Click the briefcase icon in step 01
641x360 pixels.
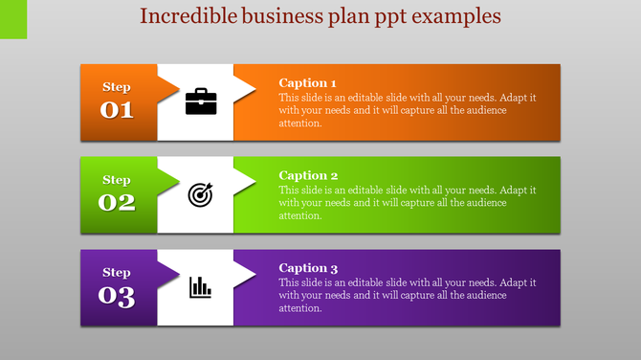[x=201, y=101]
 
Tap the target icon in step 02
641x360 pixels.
[x=200, y=194]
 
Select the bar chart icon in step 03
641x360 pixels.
[x=200, y=286]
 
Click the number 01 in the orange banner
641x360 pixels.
[x=117, y=110]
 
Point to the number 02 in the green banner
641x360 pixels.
[x=117, y=203]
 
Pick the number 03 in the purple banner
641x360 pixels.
[x=117, y=296]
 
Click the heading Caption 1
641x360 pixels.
[x=308, y=83]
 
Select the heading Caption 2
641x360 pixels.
[x=308, y=176]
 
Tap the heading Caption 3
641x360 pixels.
[x=308, y=269]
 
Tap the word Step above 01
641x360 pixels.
[x=117, y=87]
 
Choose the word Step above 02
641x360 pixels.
[x=117, y=180]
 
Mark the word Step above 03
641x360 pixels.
[x=117, y=273]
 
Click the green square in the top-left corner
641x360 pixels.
[x=13, y=19]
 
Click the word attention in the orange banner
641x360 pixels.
[x=300, y=124]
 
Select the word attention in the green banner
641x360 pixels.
[x=300, y=216]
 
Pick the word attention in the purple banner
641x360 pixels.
[x=300, y=309]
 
